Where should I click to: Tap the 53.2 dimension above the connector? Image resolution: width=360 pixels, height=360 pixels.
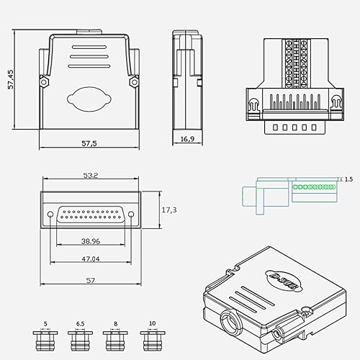point(91,175)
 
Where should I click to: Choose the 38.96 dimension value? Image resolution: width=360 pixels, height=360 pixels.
point(90,242)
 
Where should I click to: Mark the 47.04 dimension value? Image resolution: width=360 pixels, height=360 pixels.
point(90,258)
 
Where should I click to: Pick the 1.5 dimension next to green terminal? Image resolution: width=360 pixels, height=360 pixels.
point(348,179)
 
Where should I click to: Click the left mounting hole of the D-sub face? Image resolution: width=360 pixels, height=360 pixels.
point(49,215)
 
